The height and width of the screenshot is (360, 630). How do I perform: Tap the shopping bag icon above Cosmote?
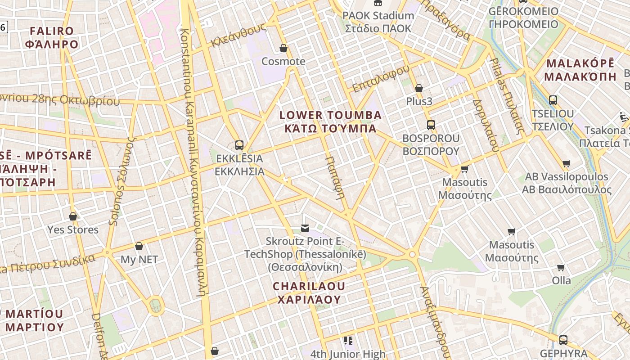point(283,48)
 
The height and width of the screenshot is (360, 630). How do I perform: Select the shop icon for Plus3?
point(419,88)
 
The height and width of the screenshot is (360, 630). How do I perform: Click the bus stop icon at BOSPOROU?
point(431,125)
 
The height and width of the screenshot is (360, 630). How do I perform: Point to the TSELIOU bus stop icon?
point(553,100)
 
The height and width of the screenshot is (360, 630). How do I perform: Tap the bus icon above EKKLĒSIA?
point(239,145)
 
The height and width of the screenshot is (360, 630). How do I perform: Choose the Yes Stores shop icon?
point(73,216)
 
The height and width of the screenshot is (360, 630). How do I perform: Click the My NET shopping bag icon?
point(139,246)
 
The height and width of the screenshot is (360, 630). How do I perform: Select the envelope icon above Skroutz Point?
point(305,228)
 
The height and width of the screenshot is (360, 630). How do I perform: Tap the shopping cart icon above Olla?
point(561,268)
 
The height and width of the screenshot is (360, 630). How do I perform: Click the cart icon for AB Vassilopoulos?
point(567,163)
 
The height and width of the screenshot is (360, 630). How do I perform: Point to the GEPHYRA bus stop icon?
point(563,340)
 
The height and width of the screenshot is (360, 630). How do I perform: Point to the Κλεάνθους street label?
point(238,36)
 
